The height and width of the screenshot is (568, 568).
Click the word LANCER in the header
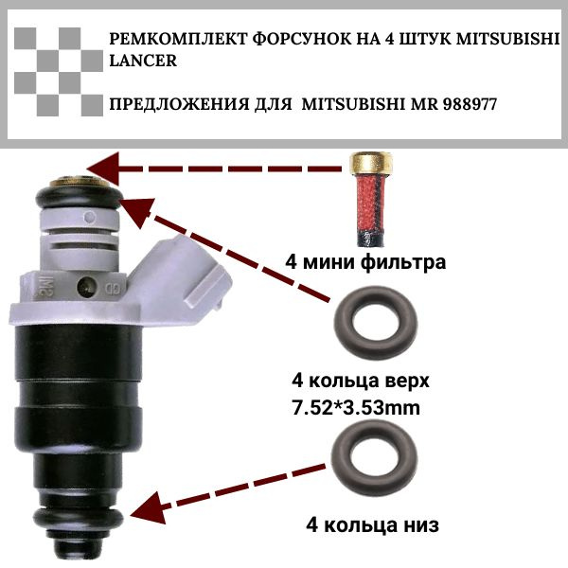tap(143, 61)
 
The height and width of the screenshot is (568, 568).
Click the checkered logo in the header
tap(59, 72)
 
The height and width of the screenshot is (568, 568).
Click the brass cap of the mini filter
tap(371, 165)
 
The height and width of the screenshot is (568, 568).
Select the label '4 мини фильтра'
tap(365, 261)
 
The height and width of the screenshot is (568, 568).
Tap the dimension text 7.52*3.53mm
tap(356, 408)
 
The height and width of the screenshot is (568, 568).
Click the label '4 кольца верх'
tap(361, 382)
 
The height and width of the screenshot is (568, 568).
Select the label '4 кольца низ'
tap(372, 524)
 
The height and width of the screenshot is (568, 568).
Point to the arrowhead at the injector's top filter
tap(103, 169)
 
